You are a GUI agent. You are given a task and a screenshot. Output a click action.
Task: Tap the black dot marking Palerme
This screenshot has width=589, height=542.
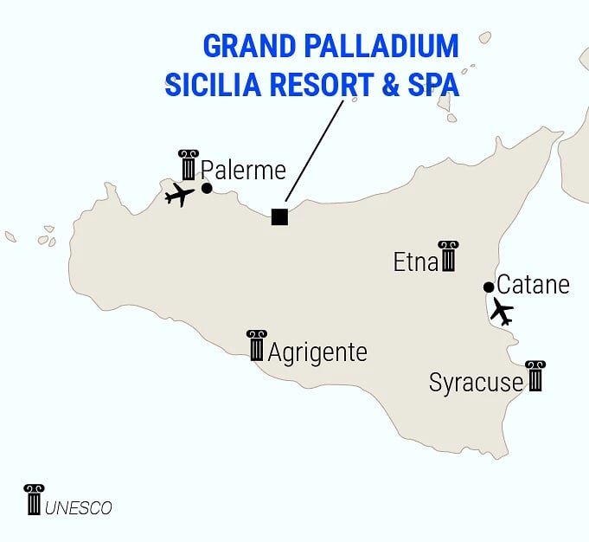pyautogui.click(x=207, y=188)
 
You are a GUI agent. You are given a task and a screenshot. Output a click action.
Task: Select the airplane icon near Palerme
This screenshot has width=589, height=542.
pyautogui.click(x=179, y=195)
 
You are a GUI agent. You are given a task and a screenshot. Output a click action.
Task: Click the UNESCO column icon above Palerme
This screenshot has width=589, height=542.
pyautogui.click(x=189, y=165)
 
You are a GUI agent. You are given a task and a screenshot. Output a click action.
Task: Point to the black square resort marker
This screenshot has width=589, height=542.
pyautogui.click(x=279, y=216)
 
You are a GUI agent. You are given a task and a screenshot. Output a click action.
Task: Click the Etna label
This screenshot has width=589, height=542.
pyautogui.click(x=415, y=262)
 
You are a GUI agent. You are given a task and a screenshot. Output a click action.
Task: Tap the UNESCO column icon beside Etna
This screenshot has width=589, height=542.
pyautogui.click(x=447, y=256)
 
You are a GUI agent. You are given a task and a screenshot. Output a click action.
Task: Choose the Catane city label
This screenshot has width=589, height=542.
pyautogui.click(x=534, y=284)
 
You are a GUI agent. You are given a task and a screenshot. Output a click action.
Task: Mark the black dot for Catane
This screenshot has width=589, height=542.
pyautogui.click(x=489, y=287)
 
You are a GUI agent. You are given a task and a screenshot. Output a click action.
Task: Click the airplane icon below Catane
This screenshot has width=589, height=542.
pyautogui.click(x=501, y=311)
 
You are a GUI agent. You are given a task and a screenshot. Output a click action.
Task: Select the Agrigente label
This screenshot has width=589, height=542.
pyautogui.click(x=317, y=353)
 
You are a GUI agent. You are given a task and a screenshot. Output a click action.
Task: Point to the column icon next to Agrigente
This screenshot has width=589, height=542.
pyautogui.click(x=256, y=345)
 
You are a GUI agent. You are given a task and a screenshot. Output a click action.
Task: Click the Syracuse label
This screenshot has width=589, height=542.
pyautogui.click(x=476, y=383)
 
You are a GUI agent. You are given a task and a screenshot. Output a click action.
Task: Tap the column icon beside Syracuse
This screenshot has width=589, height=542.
pyautogui.click(x=535, y=377)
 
